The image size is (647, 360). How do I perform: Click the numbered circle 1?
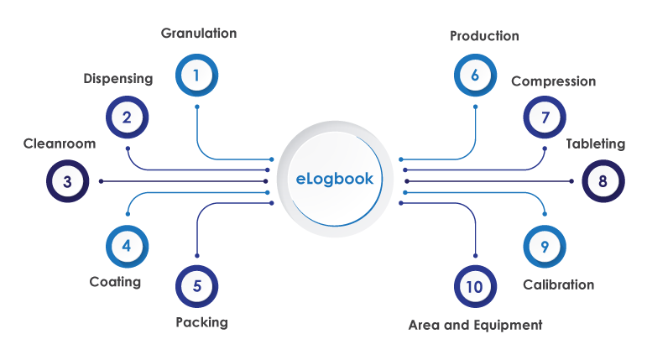[196, 76]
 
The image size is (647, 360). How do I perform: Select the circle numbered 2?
[127, 117]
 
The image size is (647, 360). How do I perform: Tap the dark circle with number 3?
[67, 180]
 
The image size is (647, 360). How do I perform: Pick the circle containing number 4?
[127, 246]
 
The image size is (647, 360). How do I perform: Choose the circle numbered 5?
[196, 286]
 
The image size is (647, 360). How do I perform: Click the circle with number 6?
[475, 76]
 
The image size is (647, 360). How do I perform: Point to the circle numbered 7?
[545, 117]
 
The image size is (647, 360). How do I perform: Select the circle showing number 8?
[603, 180]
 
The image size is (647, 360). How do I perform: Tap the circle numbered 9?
[545, 246]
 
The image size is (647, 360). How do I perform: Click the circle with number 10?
[474, 286]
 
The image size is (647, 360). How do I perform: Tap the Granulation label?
[199, 34]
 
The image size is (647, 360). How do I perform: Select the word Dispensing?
[118, 79]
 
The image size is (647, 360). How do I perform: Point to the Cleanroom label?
[60, 143]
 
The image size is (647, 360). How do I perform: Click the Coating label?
[115, 282]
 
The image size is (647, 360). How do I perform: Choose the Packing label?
[201, 322]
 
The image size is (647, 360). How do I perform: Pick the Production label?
[484, 36]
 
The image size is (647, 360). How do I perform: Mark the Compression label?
[553, 81]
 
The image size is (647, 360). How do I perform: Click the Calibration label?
[558, 284]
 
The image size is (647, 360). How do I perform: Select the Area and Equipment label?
[475, 325]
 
